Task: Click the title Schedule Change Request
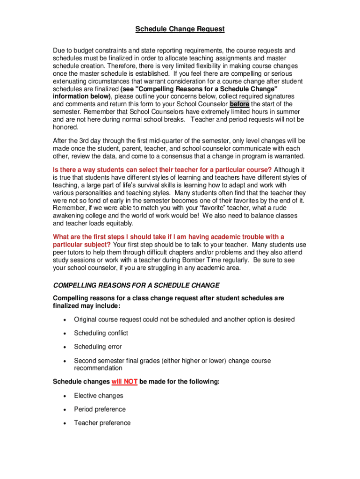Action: (x=180, y=29)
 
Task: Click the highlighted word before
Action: (x=239, y=104)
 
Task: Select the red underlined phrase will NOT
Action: (x=124, y=382)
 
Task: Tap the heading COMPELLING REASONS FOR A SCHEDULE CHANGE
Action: (x=136, y=285)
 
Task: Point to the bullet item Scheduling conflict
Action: (x=101, y=333)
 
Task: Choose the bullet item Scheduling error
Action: (x=98, y=347)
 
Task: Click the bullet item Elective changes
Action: (x=99, y=396)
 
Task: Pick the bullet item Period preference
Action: (x=100, y=409)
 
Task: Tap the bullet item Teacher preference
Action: (x=102, y=423)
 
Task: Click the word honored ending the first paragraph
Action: (x=66, y=127)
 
